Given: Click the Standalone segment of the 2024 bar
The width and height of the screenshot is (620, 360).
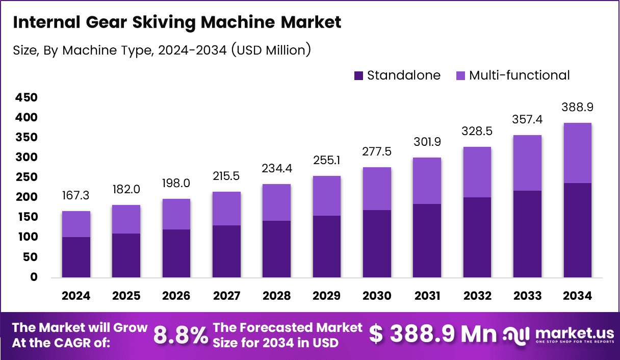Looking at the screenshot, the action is pos(76,257).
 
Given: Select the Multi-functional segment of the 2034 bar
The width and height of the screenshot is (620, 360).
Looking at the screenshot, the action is pos(578,153).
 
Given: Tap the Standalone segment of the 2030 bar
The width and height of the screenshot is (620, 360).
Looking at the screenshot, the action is pos(377,244).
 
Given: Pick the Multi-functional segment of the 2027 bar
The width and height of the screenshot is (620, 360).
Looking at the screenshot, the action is pos(226,209).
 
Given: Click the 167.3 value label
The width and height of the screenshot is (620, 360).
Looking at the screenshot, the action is pos(75,195).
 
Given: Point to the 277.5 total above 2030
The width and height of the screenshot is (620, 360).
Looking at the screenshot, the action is pos(377,151).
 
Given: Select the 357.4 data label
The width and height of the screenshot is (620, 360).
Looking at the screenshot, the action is pos(527,119).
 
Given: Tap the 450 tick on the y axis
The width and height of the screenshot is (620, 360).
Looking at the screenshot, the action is pos(27,97).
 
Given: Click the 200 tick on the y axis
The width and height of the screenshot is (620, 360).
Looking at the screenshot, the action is pos(27,197).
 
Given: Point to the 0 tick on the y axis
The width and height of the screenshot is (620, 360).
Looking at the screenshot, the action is pos(34,277).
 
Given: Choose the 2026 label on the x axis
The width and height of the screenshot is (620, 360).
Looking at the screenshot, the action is pos(176,296).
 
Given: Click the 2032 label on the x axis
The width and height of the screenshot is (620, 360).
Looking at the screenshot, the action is pos(477,296).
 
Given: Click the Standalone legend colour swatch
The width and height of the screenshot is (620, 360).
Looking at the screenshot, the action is pos(359,75).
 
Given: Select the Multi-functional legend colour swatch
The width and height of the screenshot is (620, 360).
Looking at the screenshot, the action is pos(460,75).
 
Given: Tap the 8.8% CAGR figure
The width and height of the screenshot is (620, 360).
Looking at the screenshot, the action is pos(180,335).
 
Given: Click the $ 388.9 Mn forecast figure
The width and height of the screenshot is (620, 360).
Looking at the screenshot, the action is pos(432,334).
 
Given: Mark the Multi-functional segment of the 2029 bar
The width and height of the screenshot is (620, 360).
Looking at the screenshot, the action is pos(327,196).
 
